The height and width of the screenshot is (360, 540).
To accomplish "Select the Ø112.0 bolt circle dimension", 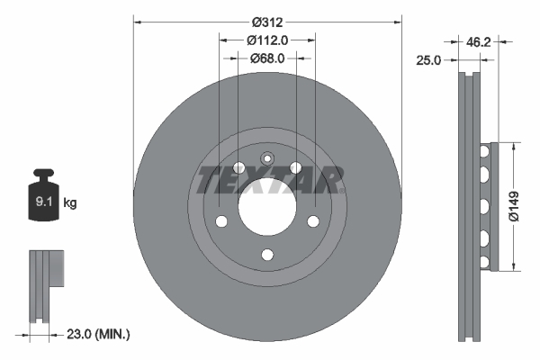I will pos(267,40).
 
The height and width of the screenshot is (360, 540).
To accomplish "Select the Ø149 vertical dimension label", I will pos(512,205).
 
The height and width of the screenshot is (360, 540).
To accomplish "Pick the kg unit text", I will pos(70,203).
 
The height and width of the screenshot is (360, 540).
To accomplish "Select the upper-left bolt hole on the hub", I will pos(238,167).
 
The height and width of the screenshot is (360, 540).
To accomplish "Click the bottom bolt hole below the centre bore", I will pos(267,256).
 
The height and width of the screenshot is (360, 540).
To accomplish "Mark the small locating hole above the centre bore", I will pos(267,158).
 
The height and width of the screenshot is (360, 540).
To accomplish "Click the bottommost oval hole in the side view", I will pos(484,262).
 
